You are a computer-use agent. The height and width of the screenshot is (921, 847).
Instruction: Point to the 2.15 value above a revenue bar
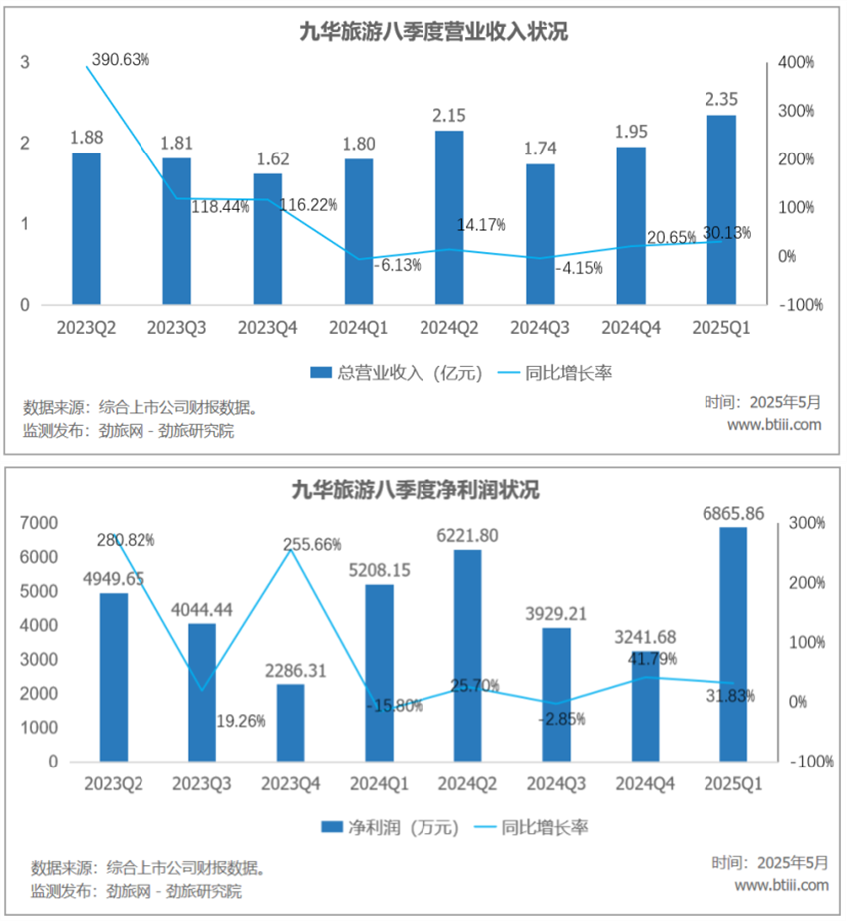448,115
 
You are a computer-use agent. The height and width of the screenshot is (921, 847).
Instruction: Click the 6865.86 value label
732,512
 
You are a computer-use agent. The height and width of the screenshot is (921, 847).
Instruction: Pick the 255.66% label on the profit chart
311,545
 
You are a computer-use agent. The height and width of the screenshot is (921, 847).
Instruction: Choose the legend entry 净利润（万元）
390,827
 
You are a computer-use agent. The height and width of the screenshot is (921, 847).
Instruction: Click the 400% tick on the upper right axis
796,62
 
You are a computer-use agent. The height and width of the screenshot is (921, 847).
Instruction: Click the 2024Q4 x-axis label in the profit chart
641,784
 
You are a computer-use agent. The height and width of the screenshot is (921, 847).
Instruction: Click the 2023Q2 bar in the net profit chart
114,677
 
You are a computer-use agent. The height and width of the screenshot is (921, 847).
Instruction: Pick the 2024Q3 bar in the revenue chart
539,233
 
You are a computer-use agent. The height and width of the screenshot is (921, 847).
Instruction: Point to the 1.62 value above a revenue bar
267,157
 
